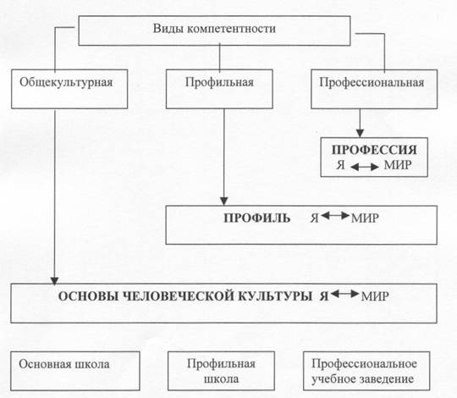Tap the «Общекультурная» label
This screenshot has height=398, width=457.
tap(66, 82)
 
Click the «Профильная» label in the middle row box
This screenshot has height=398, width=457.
tap(219, 82)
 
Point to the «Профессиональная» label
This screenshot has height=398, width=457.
tap(372, 82)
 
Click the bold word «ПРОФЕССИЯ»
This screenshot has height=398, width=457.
tap(374, 150)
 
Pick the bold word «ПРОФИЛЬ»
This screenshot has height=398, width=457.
tap(256, 218)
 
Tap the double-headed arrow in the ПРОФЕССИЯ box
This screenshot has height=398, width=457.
tap(364, 167)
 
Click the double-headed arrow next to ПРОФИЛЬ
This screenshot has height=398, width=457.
tap(335, 216)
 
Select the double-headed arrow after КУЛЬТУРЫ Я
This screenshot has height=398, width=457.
tap(344, 294)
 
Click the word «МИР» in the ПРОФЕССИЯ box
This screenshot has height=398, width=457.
tap(398, 165)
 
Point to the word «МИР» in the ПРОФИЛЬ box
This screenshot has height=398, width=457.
tap(365, 218)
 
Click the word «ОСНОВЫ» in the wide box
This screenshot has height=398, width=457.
tap(88, 296)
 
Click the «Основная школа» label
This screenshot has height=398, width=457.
tap(64, 364)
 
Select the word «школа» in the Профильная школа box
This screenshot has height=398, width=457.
tap(221, 379)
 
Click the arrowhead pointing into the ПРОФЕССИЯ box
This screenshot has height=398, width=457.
tap(361, 133)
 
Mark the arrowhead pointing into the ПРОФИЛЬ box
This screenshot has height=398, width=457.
tap(223, 202)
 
